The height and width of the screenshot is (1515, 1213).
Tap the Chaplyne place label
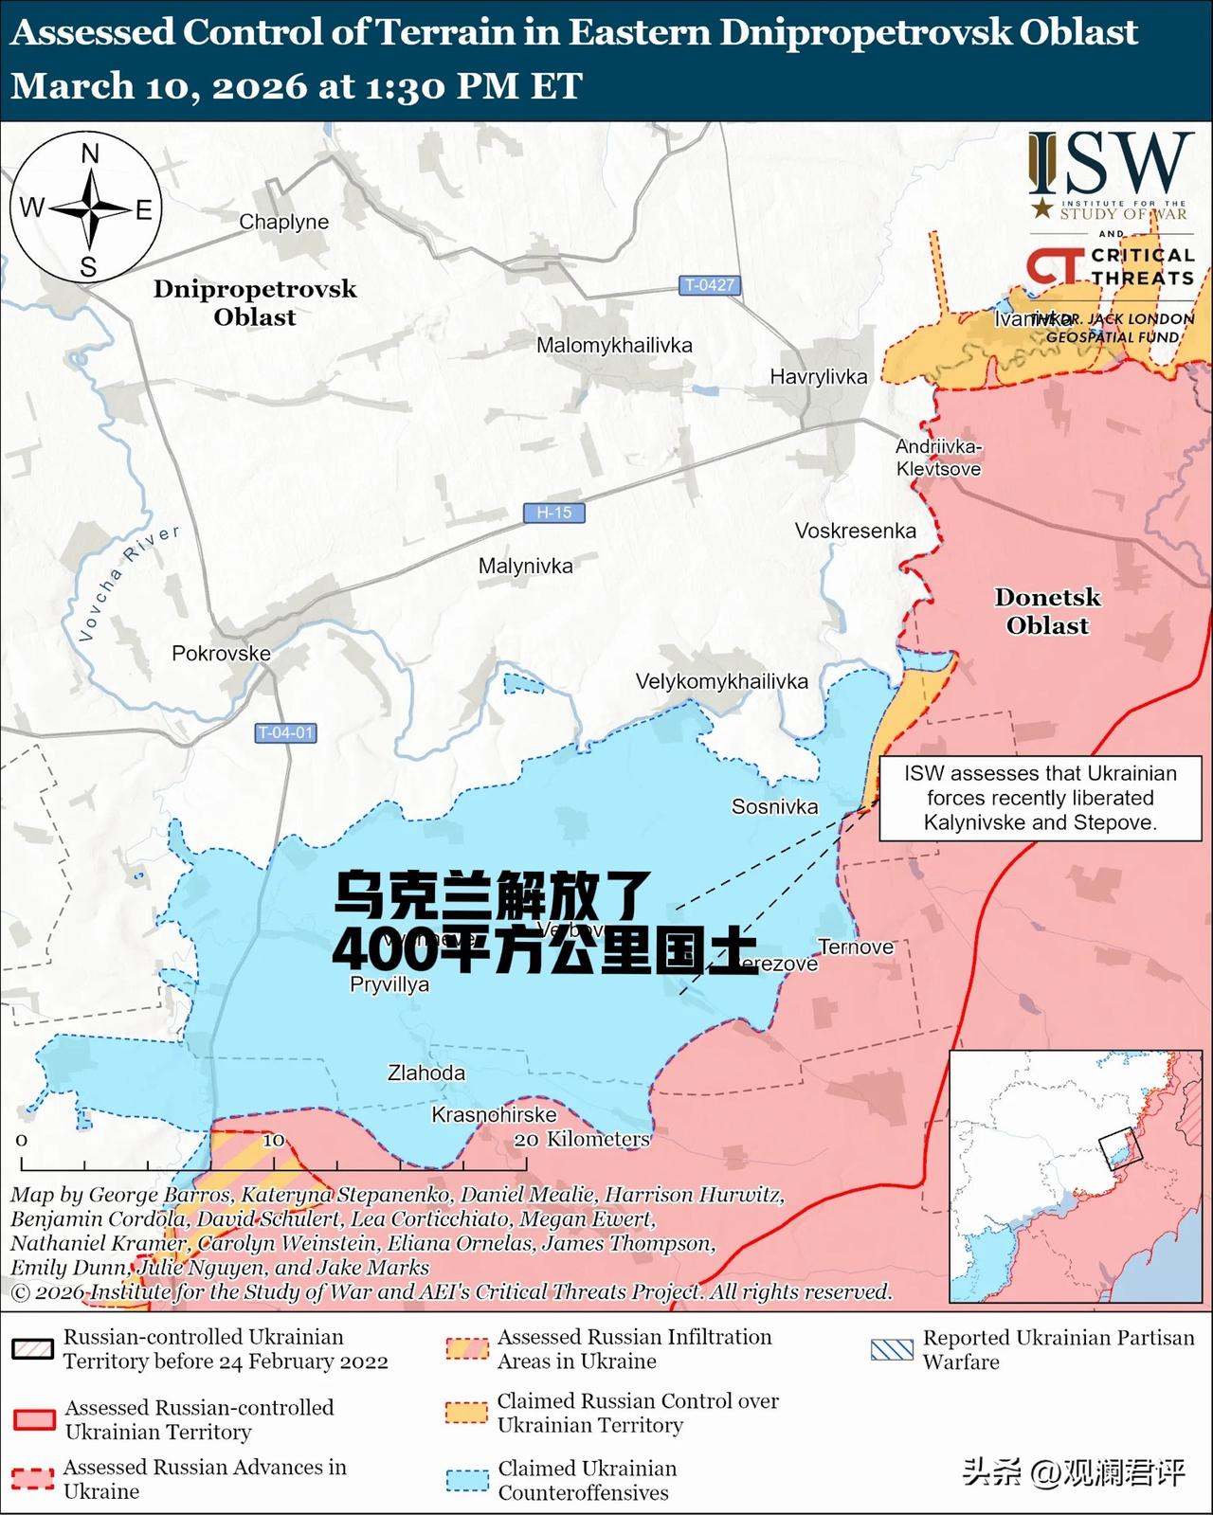283,222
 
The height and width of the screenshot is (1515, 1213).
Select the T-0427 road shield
710,284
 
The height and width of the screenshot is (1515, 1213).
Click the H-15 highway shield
554,513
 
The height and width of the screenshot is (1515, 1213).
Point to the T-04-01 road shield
285,732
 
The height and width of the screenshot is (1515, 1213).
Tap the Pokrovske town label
221,653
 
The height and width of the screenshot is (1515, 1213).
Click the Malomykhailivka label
614,345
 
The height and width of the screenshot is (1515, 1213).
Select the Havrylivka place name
818,376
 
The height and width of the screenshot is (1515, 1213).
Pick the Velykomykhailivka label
721,681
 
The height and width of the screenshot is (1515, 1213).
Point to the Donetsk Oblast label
1047,611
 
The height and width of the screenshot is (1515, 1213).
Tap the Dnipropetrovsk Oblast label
255,302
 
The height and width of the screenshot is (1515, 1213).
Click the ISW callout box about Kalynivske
1041,798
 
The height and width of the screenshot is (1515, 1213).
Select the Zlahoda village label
425,1073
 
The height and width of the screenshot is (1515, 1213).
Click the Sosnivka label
774,806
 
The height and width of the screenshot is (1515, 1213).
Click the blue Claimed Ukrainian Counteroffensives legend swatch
467,1479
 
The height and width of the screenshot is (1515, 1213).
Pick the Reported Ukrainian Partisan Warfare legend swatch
891,1349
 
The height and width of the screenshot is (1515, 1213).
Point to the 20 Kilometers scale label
582,1139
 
